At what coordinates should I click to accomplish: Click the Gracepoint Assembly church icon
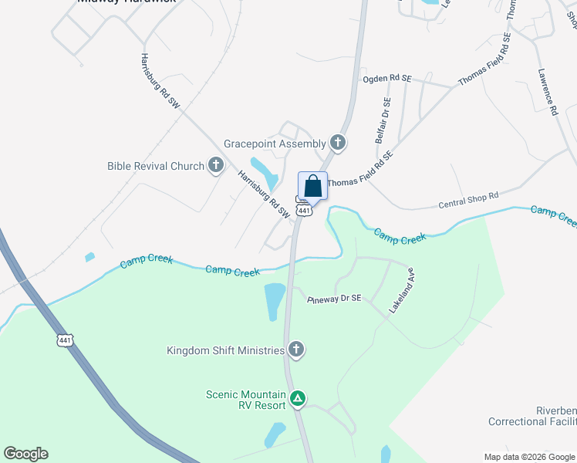[338, 143]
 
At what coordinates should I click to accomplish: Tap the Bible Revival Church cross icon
[216, 165]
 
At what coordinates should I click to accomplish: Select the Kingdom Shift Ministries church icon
[295, 350]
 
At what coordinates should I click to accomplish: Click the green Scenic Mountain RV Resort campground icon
[298, 400]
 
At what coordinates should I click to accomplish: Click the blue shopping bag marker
[312, 186]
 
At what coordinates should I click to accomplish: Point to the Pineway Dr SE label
[334, 299]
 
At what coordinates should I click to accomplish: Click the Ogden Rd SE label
[388, 79]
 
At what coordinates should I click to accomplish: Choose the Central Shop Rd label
[467, 201]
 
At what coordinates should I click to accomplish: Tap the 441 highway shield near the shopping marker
[305, 210]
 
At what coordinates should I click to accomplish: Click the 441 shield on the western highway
[64, 340]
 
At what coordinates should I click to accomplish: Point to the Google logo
[25, 453]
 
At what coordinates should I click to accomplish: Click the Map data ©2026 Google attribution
[530, 457]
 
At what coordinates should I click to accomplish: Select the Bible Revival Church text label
[156, 166]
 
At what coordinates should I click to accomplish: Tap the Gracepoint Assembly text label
[275, 144]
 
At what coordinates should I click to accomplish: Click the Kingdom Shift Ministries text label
[225, 351]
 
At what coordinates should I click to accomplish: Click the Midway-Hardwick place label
[127, 2]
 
